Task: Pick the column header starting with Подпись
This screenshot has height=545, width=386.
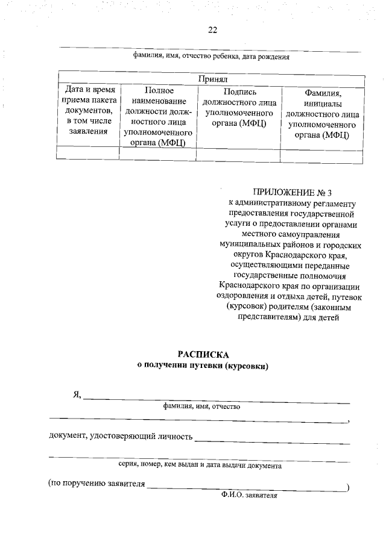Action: [239, 108]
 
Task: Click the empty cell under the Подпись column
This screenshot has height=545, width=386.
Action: [239, 154]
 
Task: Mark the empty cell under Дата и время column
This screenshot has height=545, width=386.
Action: [88, 154]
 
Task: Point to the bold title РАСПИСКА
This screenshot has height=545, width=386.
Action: [204, 353]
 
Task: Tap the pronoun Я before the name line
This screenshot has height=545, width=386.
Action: [77, 394]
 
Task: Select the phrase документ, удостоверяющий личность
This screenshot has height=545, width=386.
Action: [121, 435]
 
